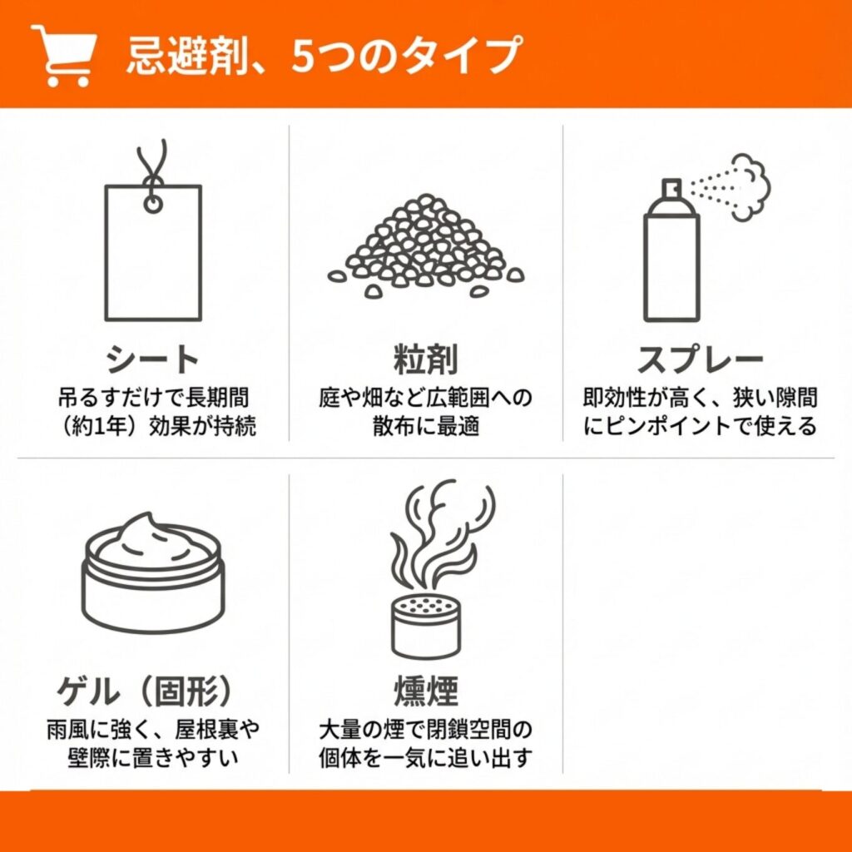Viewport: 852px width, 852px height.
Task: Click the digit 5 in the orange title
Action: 302,56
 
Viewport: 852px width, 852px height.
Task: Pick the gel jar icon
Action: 153,572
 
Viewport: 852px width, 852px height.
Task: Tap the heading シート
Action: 153,359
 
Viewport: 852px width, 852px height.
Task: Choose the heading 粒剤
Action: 425,359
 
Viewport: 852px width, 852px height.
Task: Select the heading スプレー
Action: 700,359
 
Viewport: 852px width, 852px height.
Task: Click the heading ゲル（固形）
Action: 145,691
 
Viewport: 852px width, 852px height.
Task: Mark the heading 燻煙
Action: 425,691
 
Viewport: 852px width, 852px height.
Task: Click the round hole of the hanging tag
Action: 153,205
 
